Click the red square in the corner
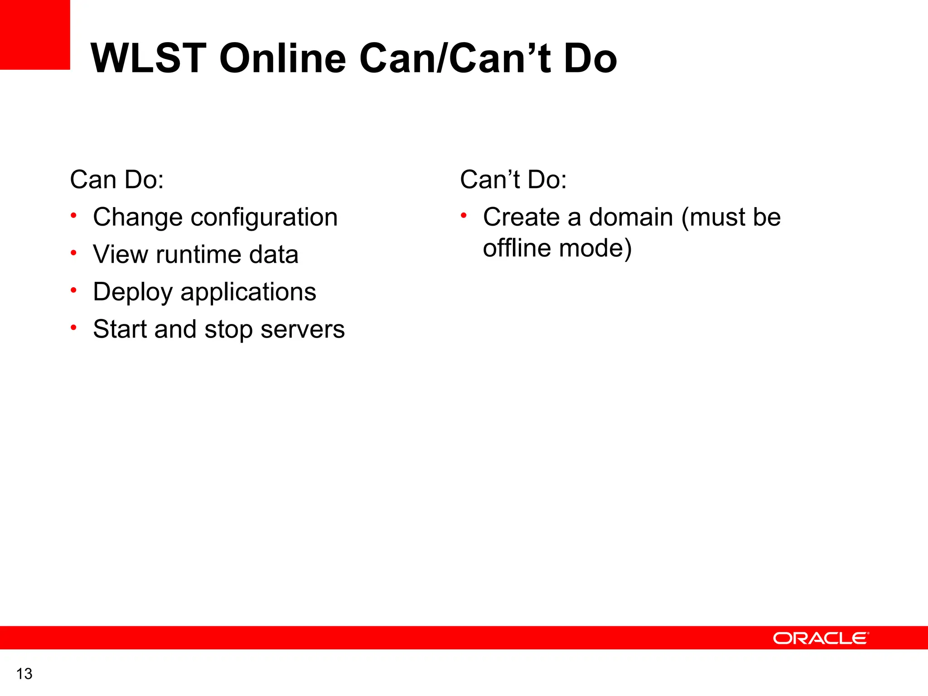tap(34, 34)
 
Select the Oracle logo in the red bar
tap(821, 638)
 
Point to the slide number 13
tap(24, 674)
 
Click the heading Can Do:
tap(117, 179)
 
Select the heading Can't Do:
tap(513, 179)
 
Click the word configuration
tap(264, 217)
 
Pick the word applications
tap(248, 292)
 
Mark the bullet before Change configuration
tap(73, 216)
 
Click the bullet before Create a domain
tap(464, 216)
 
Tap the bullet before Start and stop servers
tap(73, 327)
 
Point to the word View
tap(121, 255)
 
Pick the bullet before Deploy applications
tap(73, 290)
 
